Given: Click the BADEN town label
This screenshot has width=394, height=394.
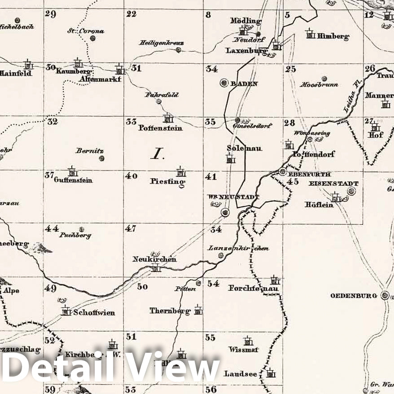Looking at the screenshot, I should (x=245, y=83).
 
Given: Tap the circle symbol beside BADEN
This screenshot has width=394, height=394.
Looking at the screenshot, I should (x=224, y=83).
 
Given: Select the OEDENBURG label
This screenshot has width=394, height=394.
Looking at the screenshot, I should (x=354, y=296).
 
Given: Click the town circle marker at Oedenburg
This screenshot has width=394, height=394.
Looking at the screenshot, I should (x=385, y=295).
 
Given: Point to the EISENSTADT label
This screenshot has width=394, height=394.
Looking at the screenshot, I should (x=333, y=184).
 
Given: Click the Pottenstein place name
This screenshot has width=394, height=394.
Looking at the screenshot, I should (x=160, y=128).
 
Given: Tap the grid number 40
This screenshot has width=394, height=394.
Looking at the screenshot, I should (x=131, y=176).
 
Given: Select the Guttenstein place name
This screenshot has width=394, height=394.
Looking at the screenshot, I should (x=73, y=180).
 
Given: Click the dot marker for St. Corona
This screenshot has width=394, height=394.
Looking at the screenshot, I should (x=92, y=38).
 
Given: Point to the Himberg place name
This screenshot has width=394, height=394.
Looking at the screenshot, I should (x=333, y=36).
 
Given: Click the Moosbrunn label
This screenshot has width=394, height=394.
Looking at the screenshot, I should (x=319, y=84).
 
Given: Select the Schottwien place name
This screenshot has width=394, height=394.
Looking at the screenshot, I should (x=94, y=313).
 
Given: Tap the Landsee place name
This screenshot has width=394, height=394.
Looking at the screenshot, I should (x=241, y=373).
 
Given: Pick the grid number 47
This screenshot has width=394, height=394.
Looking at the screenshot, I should (x=131, y=228).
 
